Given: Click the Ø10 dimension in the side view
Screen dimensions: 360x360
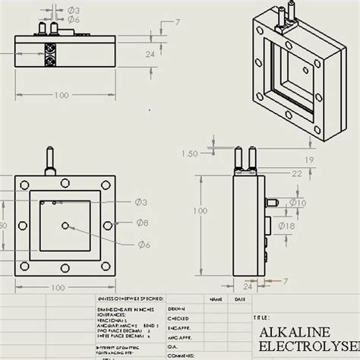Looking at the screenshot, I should click(298, 203).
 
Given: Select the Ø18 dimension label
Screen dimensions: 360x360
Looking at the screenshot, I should click(298, 226).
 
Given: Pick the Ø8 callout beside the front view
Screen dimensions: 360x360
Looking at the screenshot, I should click(142, 222).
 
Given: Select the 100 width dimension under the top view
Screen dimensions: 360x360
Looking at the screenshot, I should click(61, 95).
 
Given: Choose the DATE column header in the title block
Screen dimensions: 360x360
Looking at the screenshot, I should click(240, 300).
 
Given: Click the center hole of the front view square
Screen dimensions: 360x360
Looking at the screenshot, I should click(68, 226).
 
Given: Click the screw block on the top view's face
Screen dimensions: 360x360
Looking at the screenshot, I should click(50, 57).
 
